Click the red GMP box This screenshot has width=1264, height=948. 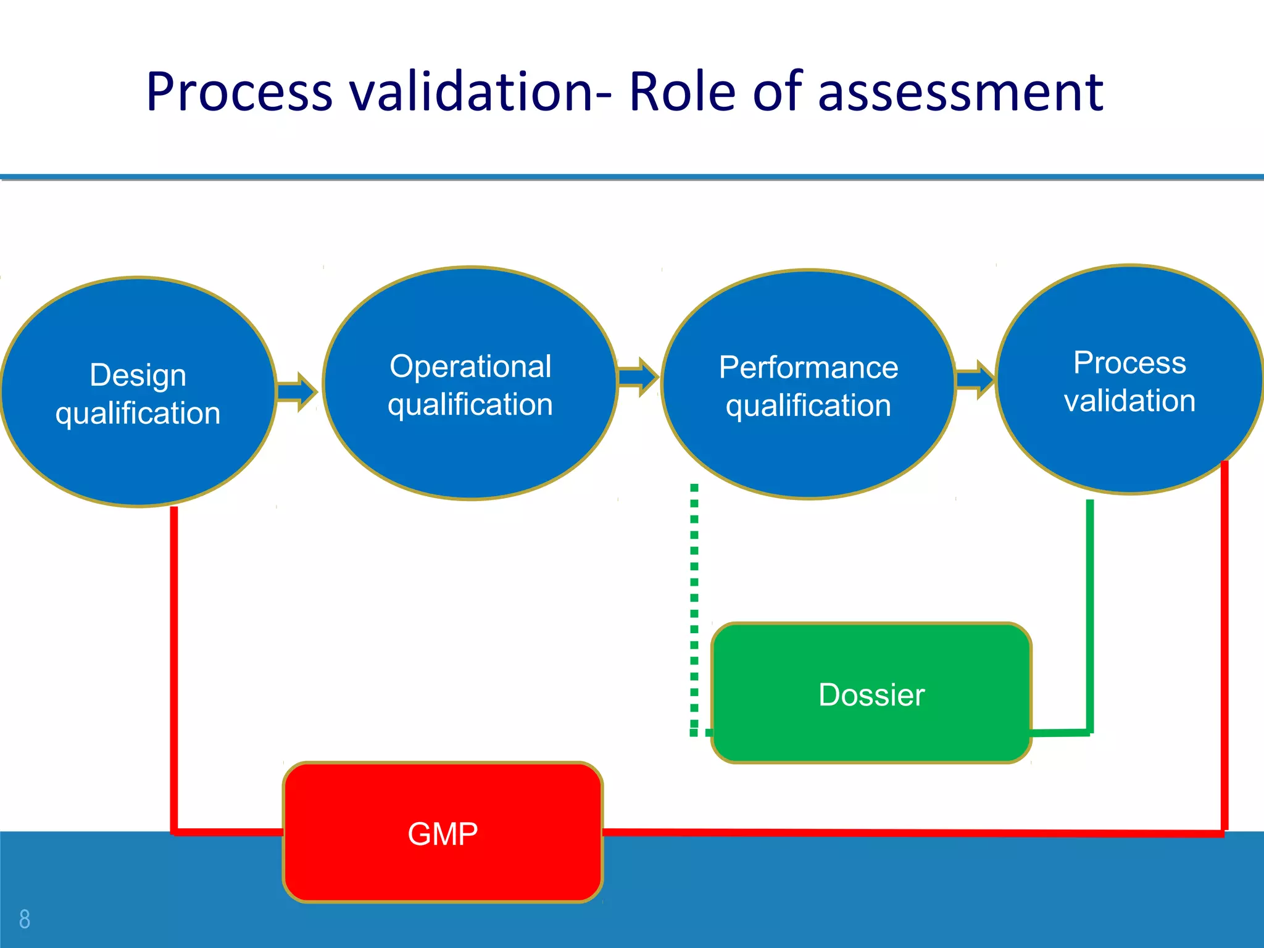pyautogui.click(x=443, y=833)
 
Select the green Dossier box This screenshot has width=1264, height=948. pyautogui.click(x=871, y=694)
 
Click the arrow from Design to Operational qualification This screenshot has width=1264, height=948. pyautogui.click(x=297, y=391)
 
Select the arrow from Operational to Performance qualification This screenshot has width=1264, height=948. pyautogui.click(x=638, y=376)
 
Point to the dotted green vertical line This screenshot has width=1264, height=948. pyautogui.click(x=694, y=605)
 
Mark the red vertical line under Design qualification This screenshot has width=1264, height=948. pyautogui.click(x=174, y=667)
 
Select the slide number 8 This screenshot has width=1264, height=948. pyautogui.click(x=25, y=919)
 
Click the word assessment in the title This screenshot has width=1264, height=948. pyautogui.click(x=960, y=93)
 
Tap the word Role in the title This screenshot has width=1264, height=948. pyautogui.click(x=682, y=93)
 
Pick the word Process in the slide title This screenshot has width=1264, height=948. pyautogui.click(x=239, y=93)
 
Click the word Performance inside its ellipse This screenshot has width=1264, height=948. pyautogui.click(x=809, y=368)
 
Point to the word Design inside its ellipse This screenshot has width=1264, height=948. pyautogui.click(x=138, y=375)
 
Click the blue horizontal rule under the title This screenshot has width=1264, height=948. pyautogui.click(x=632, y=177)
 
